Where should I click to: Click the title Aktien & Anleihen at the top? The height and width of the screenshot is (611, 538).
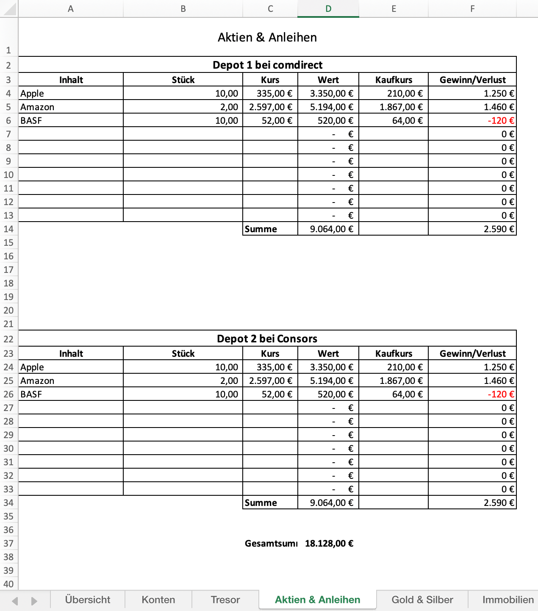tap(267, 37)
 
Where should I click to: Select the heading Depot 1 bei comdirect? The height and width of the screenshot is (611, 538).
tap(267, 65)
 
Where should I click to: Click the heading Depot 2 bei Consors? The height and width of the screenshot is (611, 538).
tap(267, 339)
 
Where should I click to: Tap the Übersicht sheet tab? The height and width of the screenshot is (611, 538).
tap(88, 600)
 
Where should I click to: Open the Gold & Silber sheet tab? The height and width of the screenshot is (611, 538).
tap(422, 600)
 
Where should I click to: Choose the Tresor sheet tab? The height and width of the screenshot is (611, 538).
tap(225, 600)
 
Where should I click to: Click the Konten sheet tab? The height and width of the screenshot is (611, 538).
tap(158, 600)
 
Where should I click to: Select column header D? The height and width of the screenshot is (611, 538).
tap(328, 9)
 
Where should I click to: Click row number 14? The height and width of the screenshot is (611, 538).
tap(8, 229)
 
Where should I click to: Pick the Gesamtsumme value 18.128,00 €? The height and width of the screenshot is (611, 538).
tap(329, 543)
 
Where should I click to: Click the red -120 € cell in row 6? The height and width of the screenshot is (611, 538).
tap(501, 120)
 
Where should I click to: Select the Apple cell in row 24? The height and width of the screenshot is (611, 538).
tap(32, 367)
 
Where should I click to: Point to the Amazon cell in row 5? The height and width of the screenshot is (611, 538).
tap(37, 107)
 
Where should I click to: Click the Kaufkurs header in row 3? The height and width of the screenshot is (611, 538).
tap(394, 80)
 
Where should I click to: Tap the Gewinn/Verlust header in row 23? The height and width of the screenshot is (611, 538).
tap(472, 353)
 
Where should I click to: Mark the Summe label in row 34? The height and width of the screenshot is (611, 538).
tap(261, 503)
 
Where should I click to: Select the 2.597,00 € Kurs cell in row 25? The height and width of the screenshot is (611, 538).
tap(271, 380)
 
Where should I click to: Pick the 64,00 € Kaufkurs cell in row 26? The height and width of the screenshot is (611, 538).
tap(407, 394)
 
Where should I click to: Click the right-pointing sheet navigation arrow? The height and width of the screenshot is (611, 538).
tap(34, 601)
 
